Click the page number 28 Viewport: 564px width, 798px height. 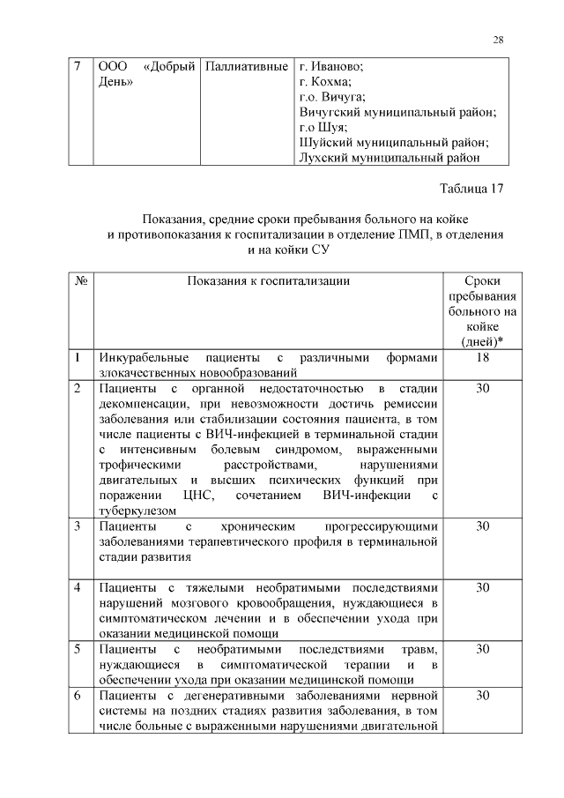pyautogui.click(x=498, y=40)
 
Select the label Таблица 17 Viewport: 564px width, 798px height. pyautogui.click(x=471, y=188)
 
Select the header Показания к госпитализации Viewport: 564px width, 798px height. pyautogui.click(x=268, y=281)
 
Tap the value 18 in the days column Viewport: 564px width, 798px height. pyautogui.click(x=482, y=358)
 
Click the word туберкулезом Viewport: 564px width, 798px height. pyautogui.click(x=138, y=510)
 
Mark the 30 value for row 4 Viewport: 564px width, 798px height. pyautogui.click(x=482, y=587)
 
